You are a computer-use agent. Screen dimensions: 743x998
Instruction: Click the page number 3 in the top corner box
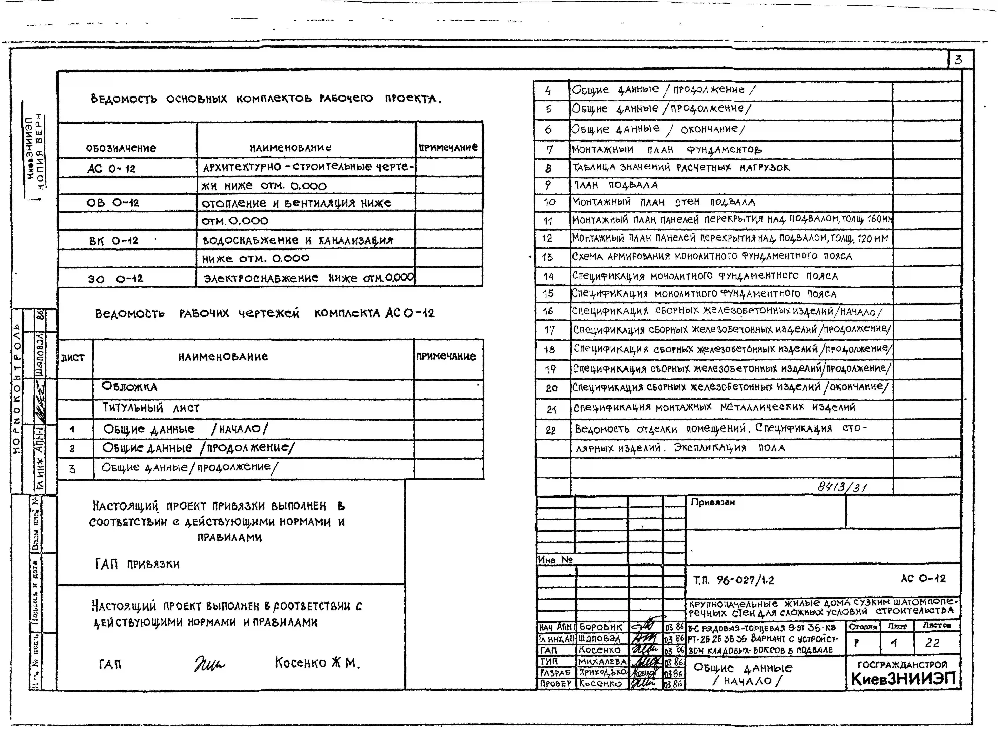click(958, 60)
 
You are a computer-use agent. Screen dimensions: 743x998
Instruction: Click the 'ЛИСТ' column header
click(73, 358)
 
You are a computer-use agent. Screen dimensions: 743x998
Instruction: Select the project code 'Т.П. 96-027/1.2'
click(734, 580)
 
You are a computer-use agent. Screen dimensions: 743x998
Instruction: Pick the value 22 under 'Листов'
click(932, 643)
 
